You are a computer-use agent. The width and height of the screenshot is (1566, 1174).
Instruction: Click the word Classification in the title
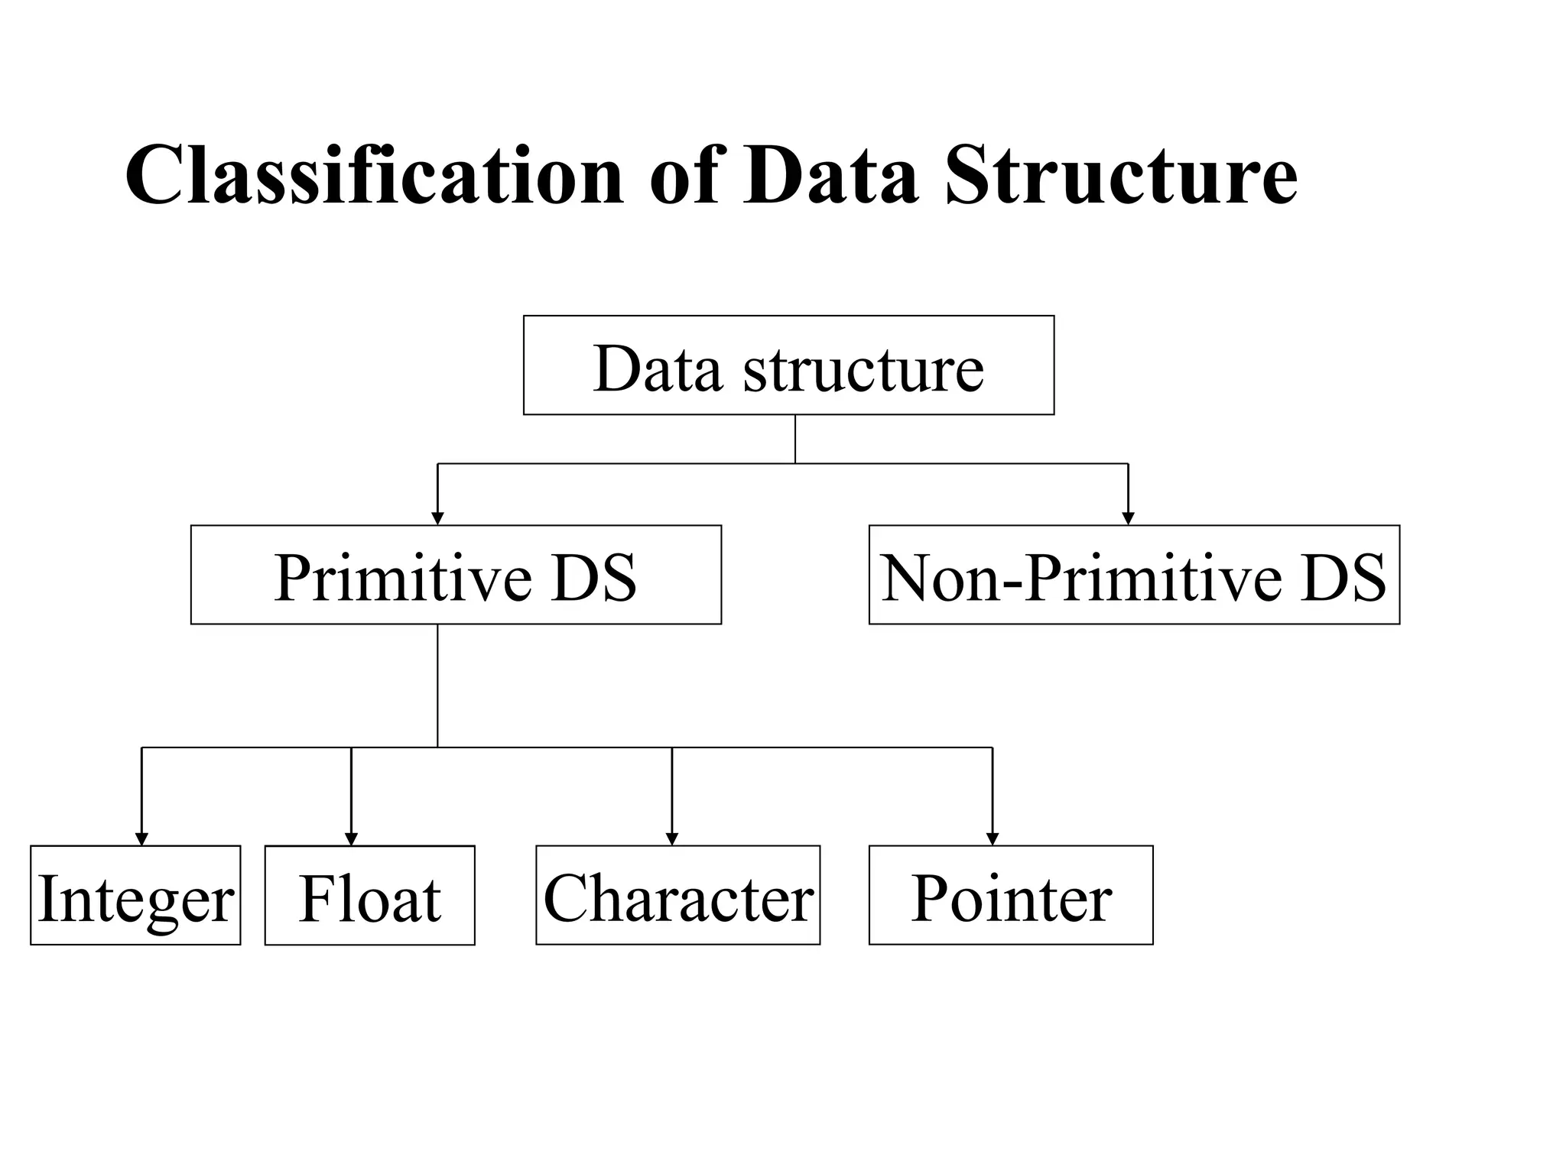(x=375, y=176)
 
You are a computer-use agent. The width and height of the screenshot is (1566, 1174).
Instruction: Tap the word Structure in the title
(x=1121, y=176)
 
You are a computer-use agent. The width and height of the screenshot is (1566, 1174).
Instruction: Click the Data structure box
(x=788, y=365)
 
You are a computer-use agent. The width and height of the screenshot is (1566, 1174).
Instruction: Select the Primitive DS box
(x=456, y=575)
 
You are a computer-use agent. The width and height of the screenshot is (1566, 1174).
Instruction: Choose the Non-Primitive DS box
(x=1134, y=575)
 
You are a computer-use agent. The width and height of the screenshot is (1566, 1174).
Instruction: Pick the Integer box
(x=135, y=895)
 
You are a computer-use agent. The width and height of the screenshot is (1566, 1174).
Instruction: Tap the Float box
(x=369, y=895)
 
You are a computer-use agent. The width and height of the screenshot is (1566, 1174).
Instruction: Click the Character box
(x=677, y=895)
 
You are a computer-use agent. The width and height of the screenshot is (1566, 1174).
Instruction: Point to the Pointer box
(x=1011, y=895)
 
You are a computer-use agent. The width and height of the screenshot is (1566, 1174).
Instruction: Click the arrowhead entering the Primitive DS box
(x=437, y=518)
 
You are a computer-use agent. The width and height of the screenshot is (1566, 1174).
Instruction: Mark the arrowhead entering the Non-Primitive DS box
(x=1128, y=518)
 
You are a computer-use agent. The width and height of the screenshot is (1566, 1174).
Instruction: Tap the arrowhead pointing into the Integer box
(x=141, y=838)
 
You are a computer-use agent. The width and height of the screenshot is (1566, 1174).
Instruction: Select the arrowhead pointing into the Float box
(x=351, y=838)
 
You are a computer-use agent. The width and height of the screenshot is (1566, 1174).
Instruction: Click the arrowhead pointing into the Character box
(x=672, y=838)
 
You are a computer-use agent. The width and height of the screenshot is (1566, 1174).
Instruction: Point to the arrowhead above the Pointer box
(x=993, y=838)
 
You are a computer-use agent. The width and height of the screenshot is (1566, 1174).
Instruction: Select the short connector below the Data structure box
(x=795, y=439)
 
